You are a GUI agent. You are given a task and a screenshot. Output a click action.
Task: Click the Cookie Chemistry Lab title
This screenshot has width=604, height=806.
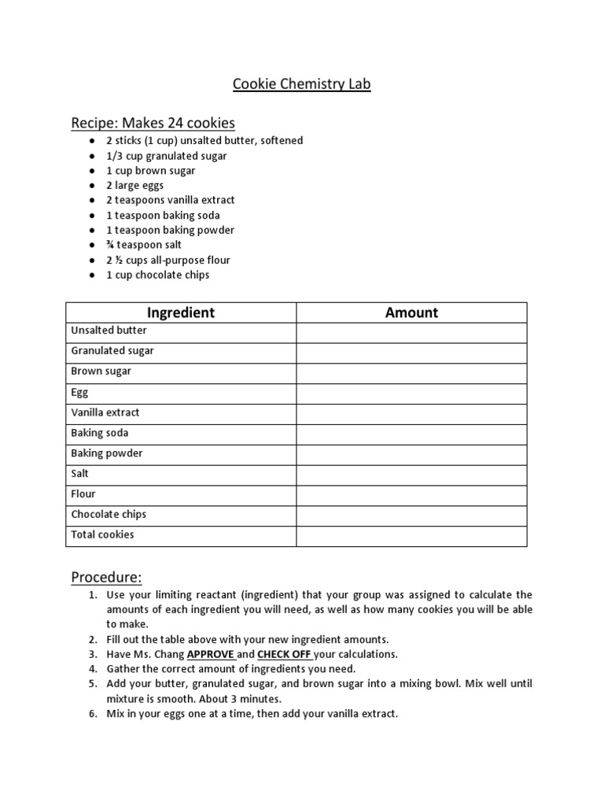point(301,84)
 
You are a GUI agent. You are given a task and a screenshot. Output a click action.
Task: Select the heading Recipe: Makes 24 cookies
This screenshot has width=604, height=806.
point(153,123)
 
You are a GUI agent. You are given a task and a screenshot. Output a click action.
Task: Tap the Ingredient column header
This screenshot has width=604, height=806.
point(181,312)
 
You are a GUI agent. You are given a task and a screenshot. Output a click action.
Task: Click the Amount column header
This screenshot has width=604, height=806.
point(411,312)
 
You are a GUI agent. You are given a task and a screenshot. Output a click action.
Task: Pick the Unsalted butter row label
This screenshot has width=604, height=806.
point(109,331)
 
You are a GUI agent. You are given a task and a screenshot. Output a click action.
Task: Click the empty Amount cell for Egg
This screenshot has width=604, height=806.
point(411,392)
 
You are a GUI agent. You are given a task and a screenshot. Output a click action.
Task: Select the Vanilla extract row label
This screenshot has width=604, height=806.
point(105,412)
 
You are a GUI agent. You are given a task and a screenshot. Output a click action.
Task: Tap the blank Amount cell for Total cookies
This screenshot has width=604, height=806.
point(411,535)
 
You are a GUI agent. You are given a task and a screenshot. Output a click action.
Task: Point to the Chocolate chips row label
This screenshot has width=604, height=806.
point(109,515)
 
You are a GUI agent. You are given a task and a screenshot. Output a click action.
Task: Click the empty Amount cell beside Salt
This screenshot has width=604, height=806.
point(411,474)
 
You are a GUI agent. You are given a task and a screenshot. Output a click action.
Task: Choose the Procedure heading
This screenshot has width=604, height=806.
point(106,577)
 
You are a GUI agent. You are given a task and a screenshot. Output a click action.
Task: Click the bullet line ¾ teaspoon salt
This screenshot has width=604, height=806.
point(144,245)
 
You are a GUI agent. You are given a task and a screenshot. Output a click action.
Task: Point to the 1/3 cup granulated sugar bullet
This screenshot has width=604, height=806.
point(167,156)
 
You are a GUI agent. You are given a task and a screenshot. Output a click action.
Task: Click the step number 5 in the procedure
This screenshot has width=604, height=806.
point(92,684)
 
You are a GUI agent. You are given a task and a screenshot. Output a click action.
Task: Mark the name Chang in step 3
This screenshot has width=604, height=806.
point(168,654)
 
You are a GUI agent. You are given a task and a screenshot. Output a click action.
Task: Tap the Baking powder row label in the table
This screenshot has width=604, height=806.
point(107,453)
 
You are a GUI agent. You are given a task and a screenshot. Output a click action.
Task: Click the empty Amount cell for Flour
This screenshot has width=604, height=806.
point(411,494)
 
